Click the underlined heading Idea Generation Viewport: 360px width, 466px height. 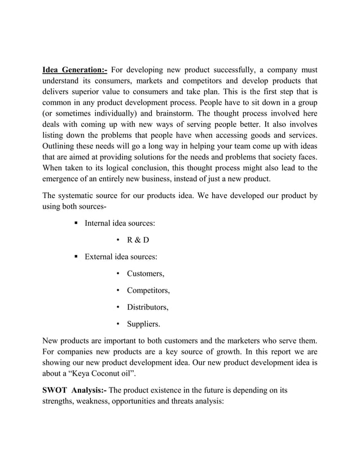(75, 71)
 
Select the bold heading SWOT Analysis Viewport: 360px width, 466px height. (73, 389)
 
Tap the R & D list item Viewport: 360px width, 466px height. (138, 240)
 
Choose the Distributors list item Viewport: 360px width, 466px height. (148, 307)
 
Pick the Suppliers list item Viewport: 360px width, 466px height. (143, 324)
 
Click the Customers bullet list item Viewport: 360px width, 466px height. (146, 274)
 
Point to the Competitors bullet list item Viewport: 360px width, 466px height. (148, 291)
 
